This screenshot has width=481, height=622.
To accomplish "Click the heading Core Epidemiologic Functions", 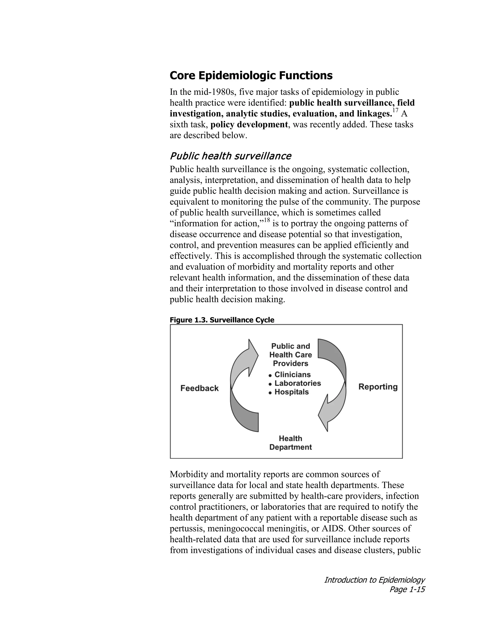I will click(251, 76).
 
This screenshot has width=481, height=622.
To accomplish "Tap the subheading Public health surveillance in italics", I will click(230, 156).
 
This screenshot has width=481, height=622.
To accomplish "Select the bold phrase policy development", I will click(249, 125).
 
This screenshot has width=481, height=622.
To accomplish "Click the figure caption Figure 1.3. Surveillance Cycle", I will click(222, 320).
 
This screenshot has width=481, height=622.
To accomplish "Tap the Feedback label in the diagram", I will click(199, 388).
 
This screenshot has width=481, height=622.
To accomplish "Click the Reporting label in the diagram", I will click(378, 387).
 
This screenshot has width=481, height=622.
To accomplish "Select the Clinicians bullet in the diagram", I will click(292, 375).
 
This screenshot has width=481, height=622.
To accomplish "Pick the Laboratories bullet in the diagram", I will click(297, 383).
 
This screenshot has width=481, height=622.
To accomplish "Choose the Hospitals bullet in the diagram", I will click(291, 392).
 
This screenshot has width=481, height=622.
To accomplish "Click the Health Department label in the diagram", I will click(290, 443).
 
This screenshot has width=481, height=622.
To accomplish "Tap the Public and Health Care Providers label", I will click(290, 355).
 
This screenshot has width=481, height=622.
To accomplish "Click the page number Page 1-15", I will click(407, 589).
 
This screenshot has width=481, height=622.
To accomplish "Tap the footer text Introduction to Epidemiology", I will click(374, 580).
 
